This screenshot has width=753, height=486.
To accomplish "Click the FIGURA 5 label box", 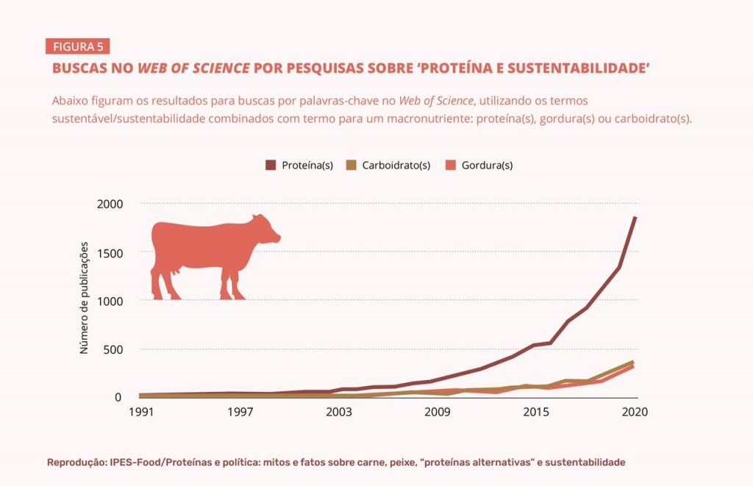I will click(x=78, y=47).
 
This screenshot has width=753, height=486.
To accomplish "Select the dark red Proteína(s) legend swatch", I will click(x=271, y=165).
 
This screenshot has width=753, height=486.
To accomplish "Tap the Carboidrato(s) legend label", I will click(x=396, y=165).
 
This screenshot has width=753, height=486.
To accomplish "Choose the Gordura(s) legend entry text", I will click(x=487, y=165).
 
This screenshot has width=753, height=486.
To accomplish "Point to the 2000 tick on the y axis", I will click(x=110, y=204).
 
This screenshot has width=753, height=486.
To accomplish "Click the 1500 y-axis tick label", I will click(x=110, y=252).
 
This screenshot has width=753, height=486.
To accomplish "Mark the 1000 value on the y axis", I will click(x=110, y=301).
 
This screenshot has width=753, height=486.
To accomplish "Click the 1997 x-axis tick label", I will click(x=240, y=412).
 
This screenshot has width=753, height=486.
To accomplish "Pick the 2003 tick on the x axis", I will click(x=338, y=412).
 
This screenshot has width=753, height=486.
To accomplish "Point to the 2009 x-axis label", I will click(x=437, y=412).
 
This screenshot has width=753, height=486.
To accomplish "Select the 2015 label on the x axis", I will click(x=536, y=412).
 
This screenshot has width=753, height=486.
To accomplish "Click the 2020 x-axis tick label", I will click(x=635, y=412).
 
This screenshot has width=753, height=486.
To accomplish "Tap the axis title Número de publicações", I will click(x=85, y=298).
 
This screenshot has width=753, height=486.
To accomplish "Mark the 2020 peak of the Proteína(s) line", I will click(x=635, y=218).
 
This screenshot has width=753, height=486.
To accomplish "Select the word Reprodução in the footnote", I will click(x=76, y=462).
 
